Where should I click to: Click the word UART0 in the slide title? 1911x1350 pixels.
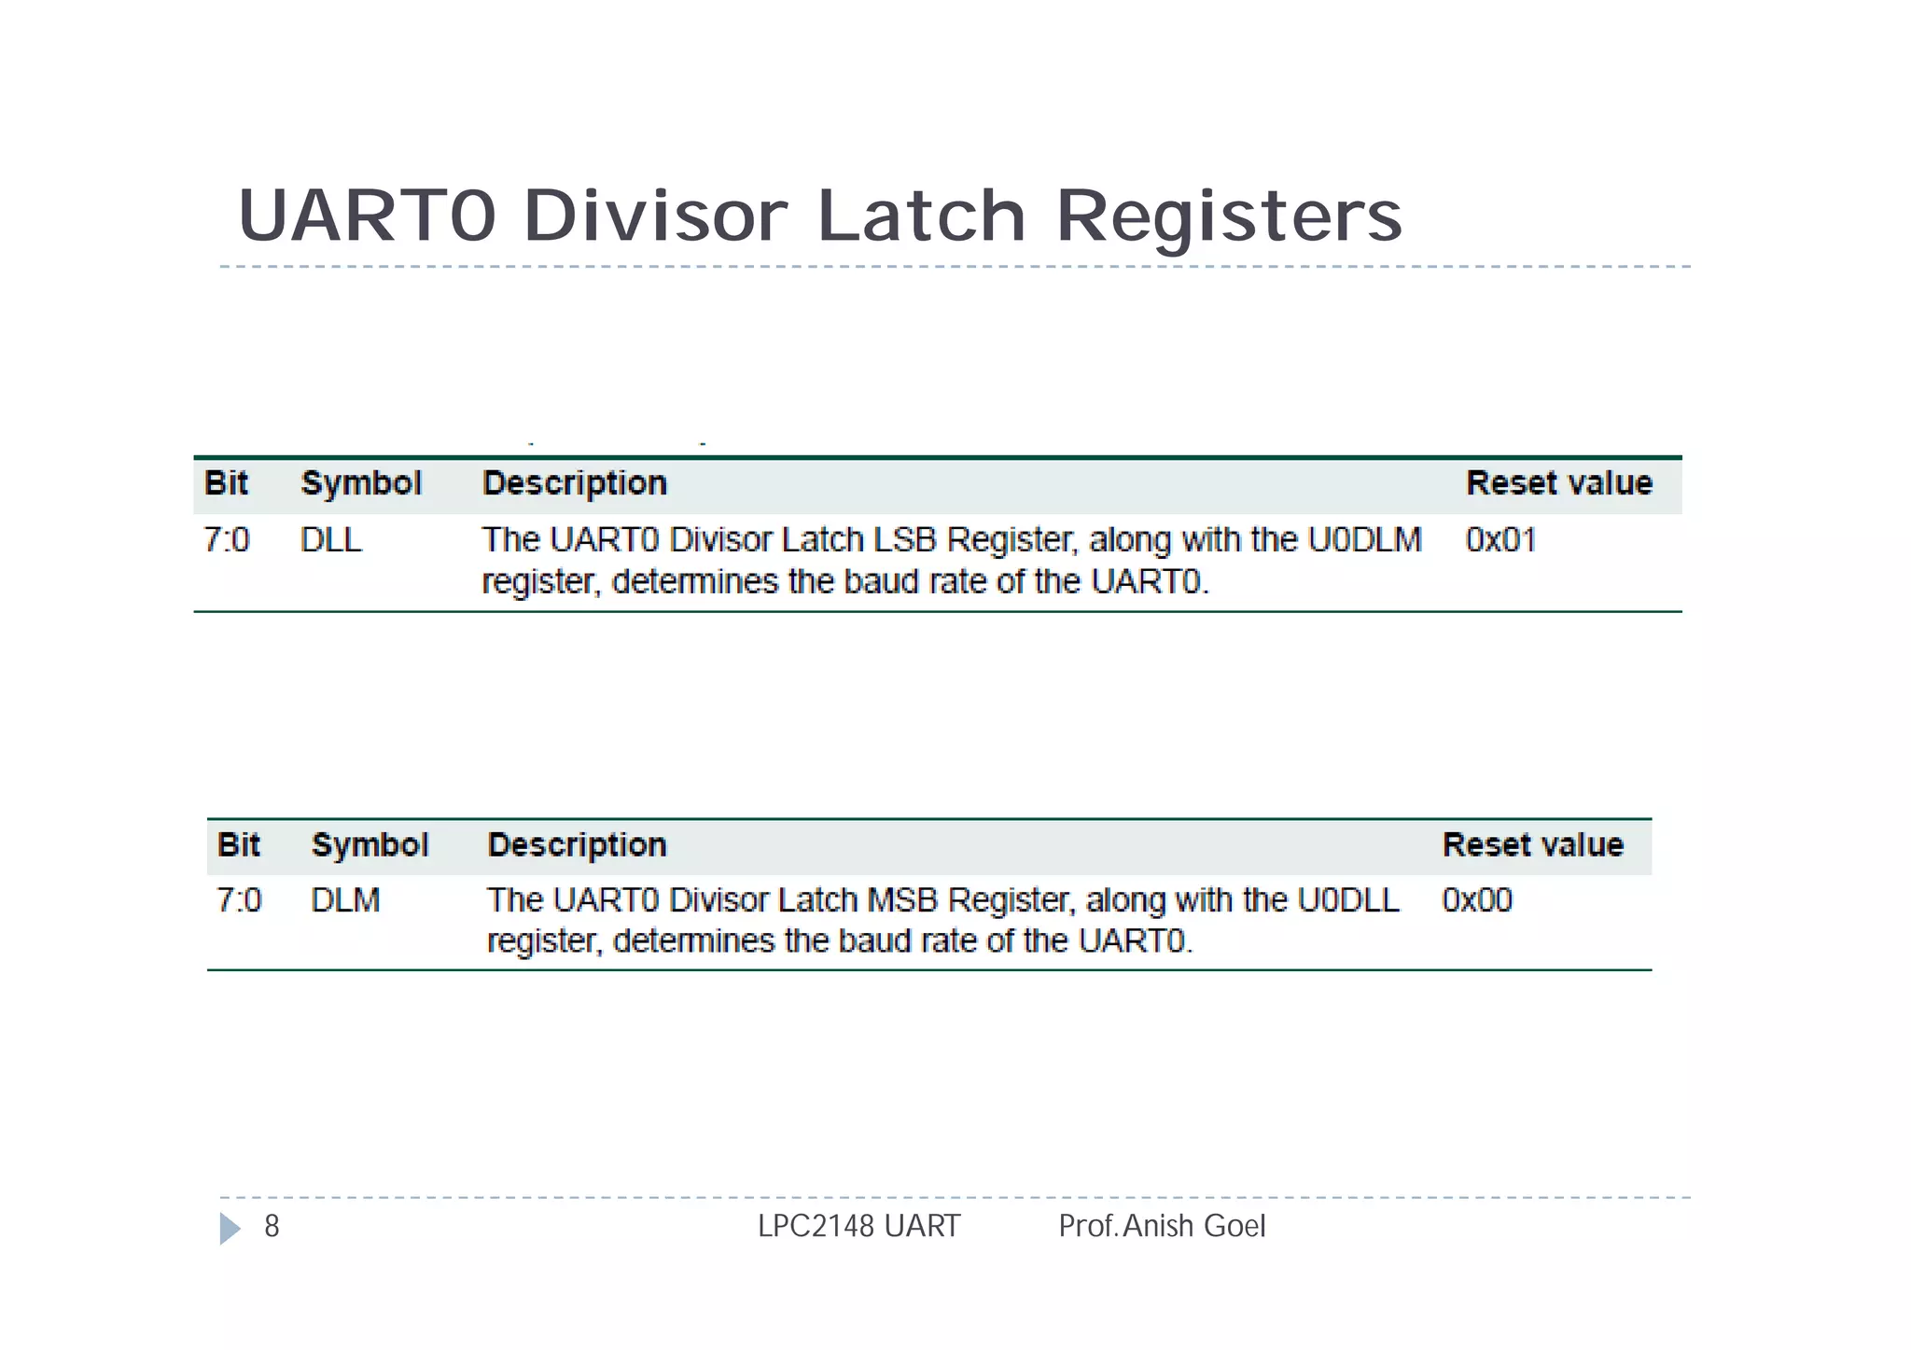367,216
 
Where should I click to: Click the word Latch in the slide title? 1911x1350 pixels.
922,216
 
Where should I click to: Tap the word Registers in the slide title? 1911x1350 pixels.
1229,217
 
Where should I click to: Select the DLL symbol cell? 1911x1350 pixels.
330,540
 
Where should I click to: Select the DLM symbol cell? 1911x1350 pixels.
345,900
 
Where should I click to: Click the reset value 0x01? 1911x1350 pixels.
1500,540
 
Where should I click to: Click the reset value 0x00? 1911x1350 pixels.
1476,900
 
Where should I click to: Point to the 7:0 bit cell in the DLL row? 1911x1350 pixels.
227,540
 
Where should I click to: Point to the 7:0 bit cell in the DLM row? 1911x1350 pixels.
239,900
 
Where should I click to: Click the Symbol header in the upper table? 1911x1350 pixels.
361,483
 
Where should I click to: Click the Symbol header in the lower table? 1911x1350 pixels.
370,845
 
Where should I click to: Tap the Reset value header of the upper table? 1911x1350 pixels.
1558,483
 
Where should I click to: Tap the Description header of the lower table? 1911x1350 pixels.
577,845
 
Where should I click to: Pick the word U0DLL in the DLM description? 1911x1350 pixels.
1348,900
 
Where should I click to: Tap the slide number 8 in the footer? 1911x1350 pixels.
272,1226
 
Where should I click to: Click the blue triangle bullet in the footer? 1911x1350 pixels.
230,1228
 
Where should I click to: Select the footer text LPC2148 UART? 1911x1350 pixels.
858,1226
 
